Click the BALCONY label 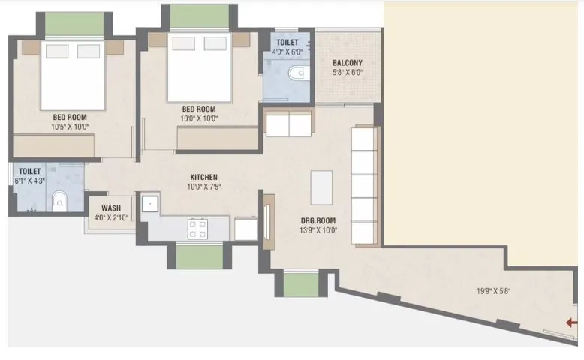point(348,63)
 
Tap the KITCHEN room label point(204,177)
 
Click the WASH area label point(111,208)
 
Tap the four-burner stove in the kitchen point(198,228)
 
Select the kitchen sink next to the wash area point(149,202)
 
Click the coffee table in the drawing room point(321,187)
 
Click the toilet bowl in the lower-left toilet point(60,200)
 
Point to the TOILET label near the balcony point(287,43)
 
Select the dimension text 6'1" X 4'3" point(30,181)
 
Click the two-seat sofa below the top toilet point(289,124)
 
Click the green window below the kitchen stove point(199,256)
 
